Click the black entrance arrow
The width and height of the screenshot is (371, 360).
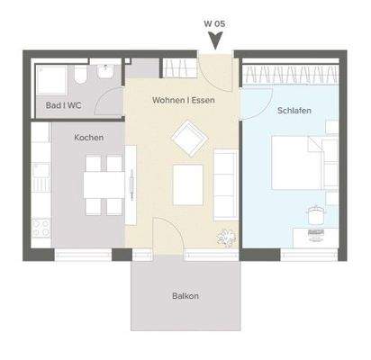point(215,39)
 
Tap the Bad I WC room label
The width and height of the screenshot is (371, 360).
point(64,105)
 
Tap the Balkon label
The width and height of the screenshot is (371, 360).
point(185,296)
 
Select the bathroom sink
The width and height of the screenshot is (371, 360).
point(107,68)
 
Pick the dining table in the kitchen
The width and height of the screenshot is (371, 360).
point(103,184)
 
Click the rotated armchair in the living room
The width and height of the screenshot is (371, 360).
point(188,139)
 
